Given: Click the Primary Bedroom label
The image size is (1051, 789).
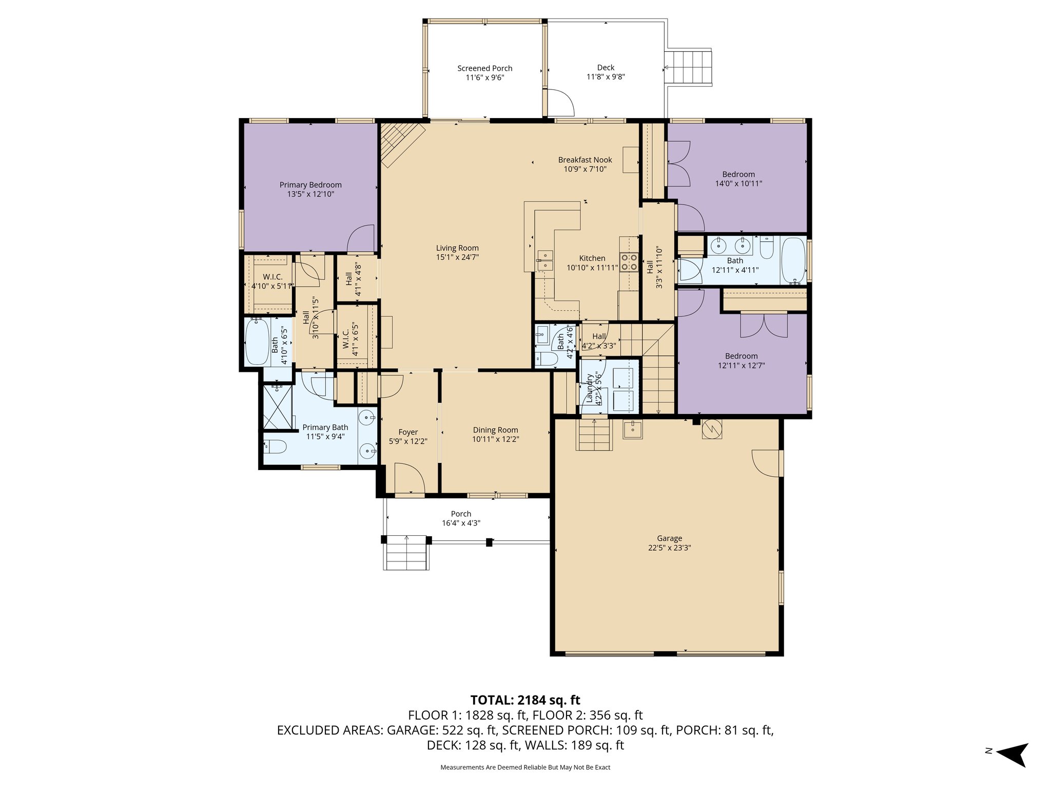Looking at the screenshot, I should tap(310, 185).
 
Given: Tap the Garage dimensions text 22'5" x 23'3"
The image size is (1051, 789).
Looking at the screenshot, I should tap(669, 548).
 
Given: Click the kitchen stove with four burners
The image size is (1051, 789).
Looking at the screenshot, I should tap(629, 262).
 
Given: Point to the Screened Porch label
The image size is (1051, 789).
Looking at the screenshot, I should tap(484, 68).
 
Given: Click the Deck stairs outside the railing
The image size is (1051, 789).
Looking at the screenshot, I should tap(689, 68).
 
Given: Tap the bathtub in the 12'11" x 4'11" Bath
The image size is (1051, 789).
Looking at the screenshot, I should tap(793, 260).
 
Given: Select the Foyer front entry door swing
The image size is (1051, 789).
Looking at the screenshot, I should tap(409, 478).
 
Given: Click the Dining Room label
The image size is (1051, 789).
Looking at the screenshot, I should tap(495, 430).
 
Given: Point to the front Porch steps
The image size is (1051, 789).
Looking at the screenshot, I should tap(406, 552).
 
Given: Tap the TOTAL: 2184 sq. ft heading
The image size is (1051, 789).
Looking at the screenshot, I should tap(525, 700).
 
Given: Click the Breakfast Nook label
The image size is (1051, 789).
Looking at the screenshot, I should tap(585, 160).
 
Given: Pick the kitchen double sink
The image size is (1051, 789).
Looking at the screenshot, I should tap(544, 260).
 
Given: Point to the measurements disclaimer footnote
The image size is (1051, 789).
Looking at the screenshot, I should tap(525, 767).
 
